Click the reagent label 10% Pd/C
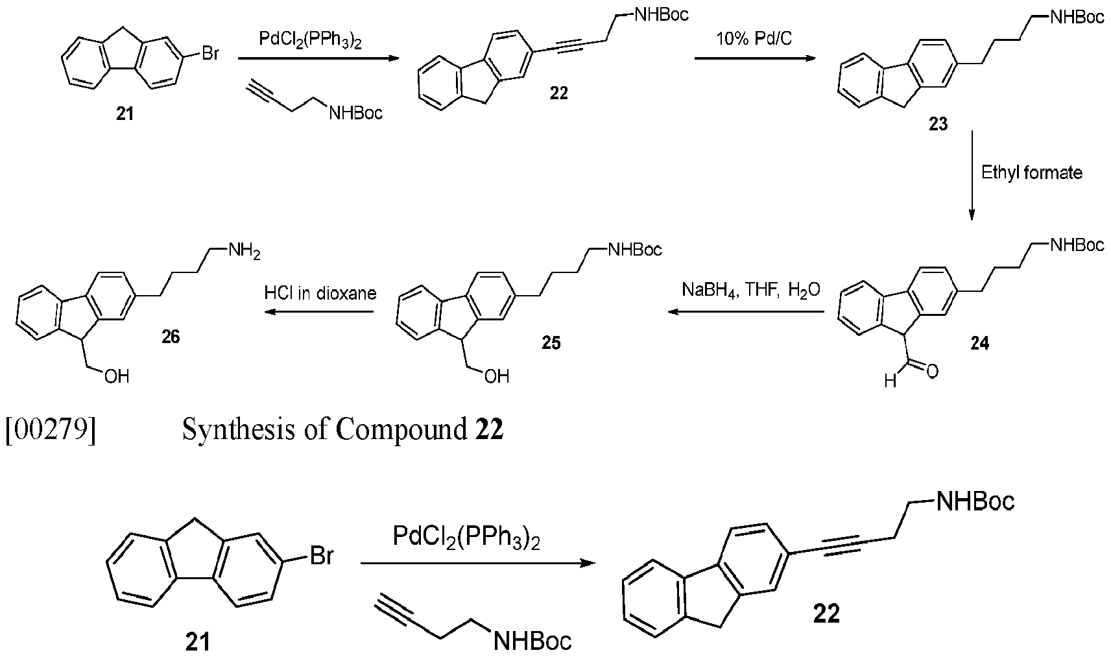pos(754,38)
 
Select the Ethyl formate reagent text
pos(1032,173)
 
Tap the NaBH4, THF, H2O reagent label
pos(751,290)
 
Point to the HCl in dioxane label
pos(320,293)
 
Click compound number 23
pos(938,123)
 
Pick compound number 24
pos(980,343)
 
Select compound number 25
pos(551,342)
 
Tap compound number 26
pos(171,337)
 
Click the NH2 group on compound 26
pos(244,251)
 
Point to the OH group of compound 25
pos(497,376)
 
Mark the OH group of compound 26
pos(117,376)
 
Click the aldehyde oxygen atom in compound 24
pos(932,372)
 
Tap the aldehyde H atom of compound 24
pos(890,381)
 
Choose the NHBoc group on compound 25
pos(636,249)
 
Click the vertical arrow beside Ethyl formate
pos(972,176)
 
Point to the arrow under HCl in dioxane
pos(318,311)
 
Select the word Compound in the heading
pos(401,429)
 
